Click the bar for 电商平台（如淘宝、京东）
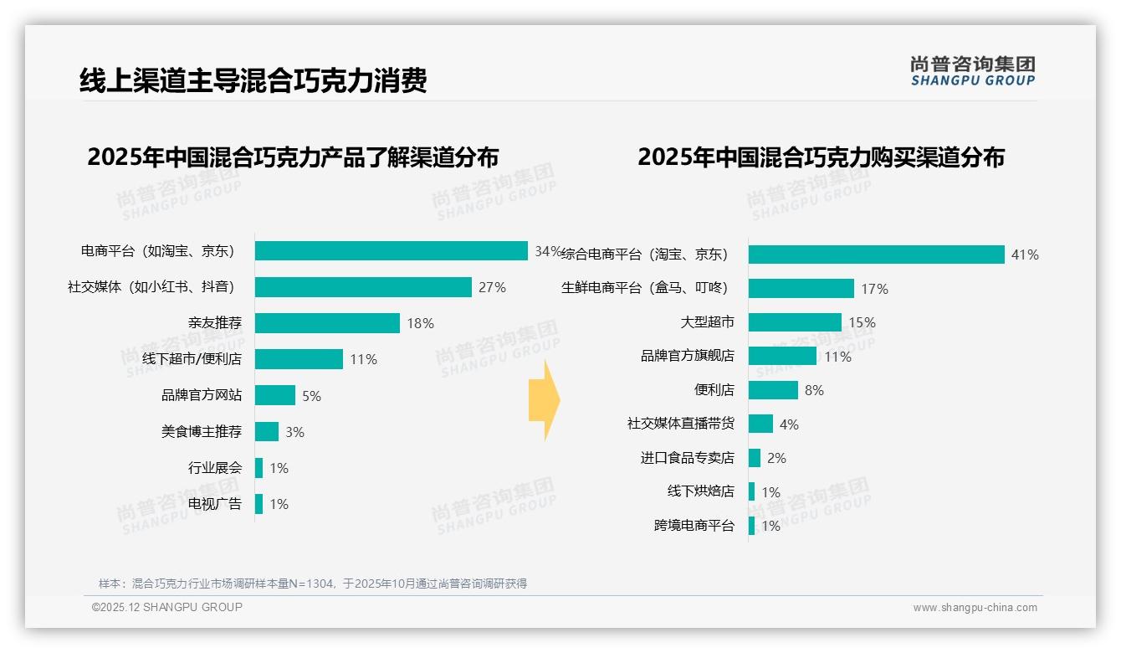coord(391,251)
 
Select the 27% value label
coord(492,287)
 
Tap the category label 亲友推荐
coord(214,323)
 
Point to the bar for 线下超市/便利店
coord(299,359)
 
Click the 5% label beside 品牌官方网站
coord(311,396)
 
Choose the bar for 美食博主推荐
coord(267,432)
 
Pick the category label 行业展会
coord(214,468)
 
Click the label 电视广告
coord(214,504)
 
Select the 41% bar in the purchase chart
coord(876,255)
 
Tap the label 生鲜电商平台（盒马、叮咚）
coord(644,288)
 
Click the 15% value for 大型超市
coord(862,322)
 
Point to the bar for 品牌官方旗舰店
coord(782,356)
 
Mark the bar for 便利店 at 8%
coord(773,390)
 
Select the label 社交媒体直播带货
coord(680,424)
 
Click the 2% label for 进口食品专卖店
coord(776,458)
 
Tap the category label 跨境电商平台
coord(694,526)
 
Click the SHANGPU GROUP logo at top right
coord(973,71)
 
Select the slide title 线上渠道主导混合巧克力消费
coord(253,81)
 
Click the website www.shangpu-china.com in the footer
coord(975,608)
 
